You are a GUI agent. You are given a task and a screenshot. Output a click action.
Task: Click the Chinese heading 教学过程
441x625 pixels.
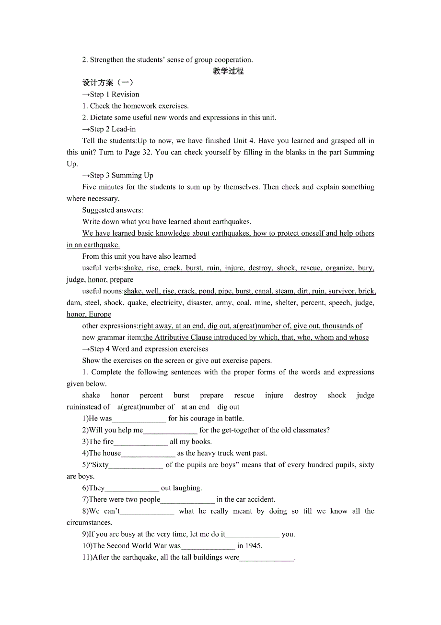(x=228, y=71)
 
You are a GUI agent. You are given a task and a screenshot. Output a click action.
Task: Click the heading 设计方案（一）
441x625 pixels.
(x=108, y=83)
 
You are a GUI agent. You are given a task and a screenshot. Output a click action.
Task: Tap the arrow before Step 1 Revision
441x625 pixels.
(x=86, y=95)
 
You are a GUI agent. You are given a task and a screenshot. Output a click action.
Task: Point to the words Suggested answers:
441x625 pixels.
(x=113, y=210)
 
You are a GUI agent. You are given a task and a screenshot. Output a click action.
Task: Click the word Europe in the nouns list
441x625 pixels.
(x=100, y=314)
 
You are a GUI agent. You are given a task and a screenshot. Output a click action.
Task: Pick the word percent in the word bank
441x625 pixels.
(x=151, y=395)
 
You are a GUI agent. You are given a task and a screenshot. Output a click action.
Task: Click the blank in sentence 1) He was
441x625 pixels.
(x=139, y=419)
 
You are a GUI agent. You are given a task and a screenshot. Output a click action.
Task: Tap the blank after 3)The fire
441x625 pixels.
(x=141, y=442)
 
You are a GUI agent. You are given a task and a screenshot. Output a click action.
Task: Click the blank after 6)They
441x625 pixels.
(x=132, y=489)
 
